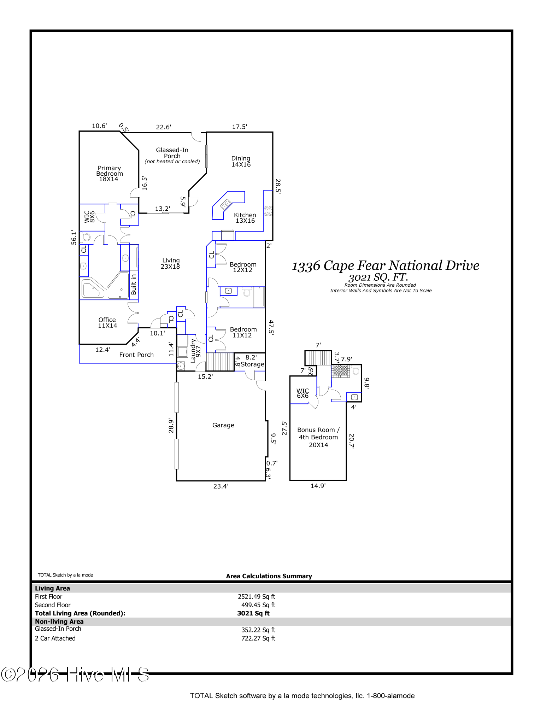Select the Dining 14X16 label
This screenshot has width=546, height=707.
click(241, 162)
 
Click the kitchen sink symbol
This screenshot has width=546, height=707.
click(226, 205)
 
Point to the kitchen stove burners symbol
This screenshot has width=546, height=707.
click(268, 211)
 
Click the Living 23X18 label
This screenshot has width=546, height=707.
click(171, 263)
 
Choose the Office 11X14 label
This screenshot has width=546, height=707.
click(107, 323)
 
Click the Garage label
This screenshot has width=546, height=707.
click(223, 425)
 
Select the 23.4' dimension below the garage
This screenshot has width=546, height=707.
click(221, 486)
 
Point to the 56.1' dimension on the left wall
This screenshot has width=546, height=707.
click(74, 237)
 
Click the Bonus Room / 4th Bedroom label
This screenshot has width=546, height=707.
click(318, 437)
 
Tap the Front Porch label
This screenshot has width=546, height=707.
click(136, 355)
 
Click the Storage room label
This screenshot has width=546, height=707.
click(252, 364)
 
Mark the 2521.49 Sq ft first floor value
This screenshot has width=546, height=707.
click(257, 597)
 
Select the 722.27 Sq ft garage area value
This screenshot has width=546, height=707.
click(258, 638)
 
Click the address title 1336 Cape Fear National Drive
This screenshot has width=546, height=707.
click(386, 266)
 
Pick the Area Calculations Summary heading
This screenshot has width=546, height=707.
click(269, 576)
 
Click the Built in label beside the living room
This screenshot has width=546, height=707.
click(134, 285)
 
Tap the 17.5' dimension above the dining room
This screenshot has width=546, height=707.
click(240, 127)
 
